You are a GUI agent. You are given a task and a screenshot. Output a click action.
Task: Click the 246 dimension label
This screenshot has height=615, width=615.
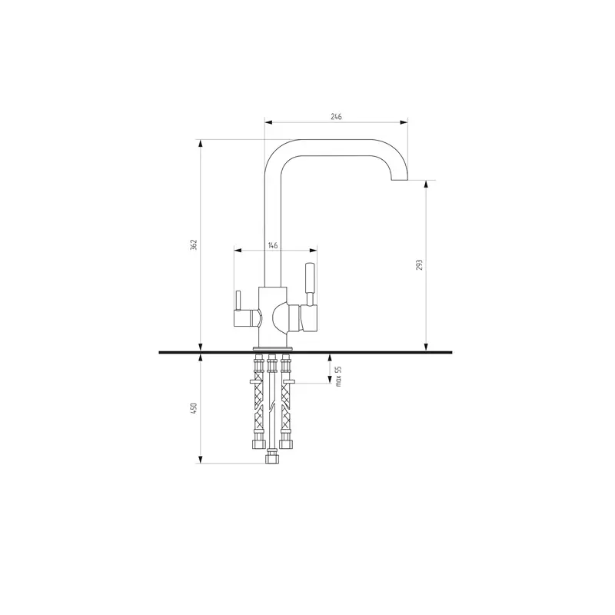tap(336, 117)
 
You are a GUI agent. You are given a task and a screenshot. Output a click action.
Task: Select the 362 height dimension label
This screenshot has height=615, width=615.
tap(194, 244)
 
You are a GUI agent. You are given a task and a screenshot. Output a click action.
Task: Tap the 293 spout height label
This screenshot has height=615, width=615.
tap(419, 264)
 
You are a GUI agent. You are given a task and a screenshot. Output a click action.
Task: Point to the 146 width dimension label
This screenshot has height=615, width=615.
tap(273, 245)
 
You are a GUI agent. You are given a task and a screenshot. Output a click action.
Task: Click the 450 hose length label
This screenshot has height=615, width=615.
tap(194, 408)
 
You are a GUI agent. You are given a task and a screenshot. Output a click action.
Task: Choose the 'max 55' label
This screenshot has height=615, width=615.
tap(339, 377)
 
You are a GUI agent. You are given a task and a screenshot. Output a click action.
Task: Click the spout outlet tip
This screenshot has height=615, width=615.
tap(400, 180)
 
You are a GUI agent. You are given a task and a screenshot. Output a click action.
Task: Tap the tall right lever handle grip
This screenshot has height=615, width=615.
tap(310, 278)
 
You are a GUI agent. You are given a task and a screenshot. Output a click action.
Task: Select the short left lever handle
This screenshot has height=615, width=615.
tap(238, 301)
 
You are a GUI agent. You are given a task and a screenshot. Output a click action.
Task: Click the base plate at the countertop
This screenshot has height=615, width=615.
tap(273, 348)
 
